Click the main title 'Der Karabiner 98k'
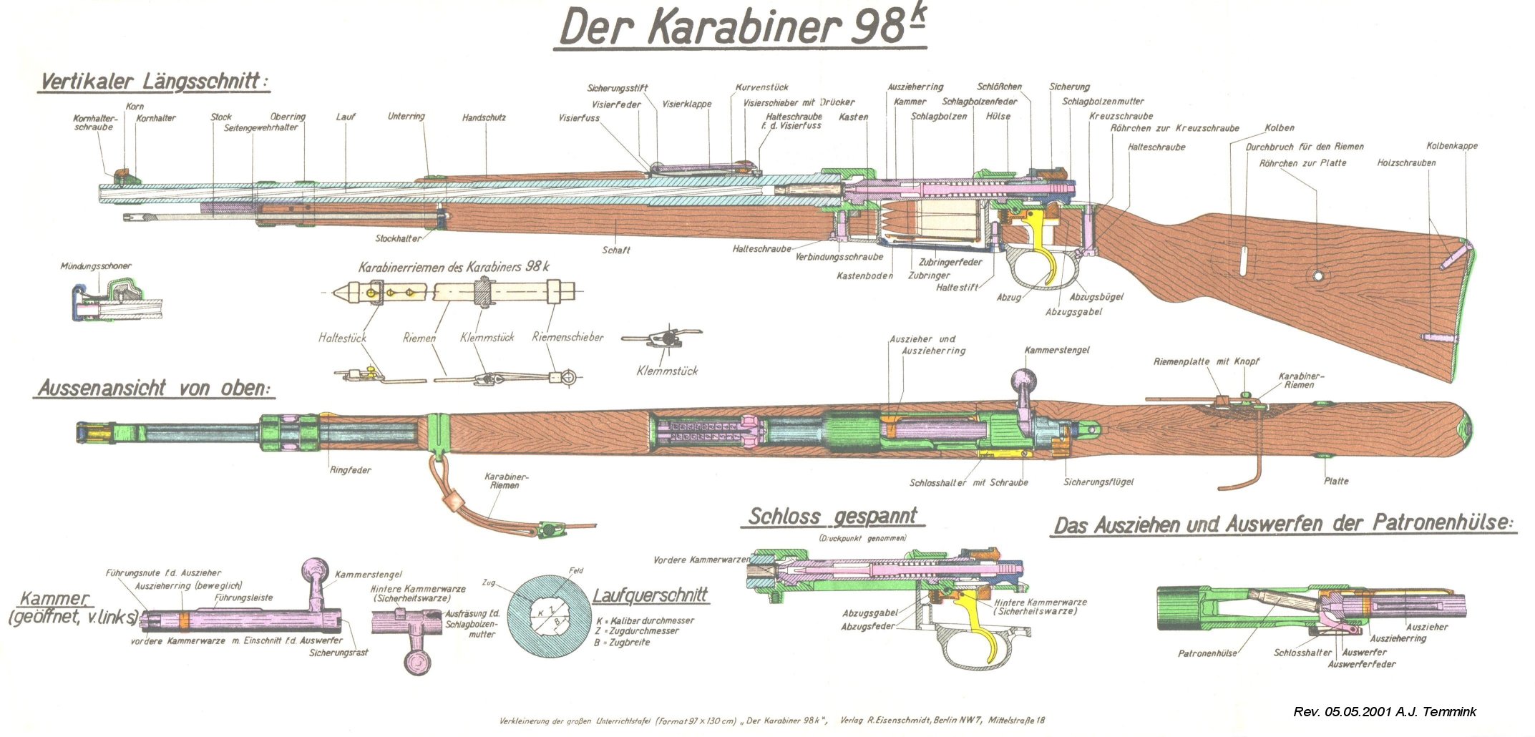click(x=740, y=29)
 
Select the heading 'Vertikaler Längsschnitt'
click(x=154, y=81)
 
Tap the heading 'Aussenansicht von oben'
click(x=155, y=389)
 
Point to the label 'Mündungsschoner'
click(x=96, y=266)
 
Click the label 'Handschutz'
click(x=484, y=117)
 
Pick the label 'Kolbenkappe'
click(x=1451, y=146)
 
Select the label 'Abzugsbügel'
click(x=1096, y=297)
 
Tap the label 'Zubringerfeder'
click(x=950, y=262)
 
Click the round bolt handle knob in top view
click(x=1023, y=380)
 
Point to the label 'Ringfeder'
click(x=350, y=470)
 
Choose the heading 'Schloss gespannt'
click(x=832, y=517)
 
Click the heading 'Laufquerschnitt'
click(x=650, y=595)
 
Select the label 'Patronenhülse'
click(x=1207, y=653)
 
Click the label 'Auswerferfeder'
click(x=1361, y=664)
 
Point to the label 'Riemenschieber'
click(x=567, y=337)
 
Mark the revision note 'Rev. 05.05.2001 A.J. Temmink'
click(x=1384, y=712)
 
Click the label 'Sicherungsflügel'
click(x=1098, y=482)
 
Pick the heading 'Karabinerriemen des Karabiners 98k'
click(x=454, y=267)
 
